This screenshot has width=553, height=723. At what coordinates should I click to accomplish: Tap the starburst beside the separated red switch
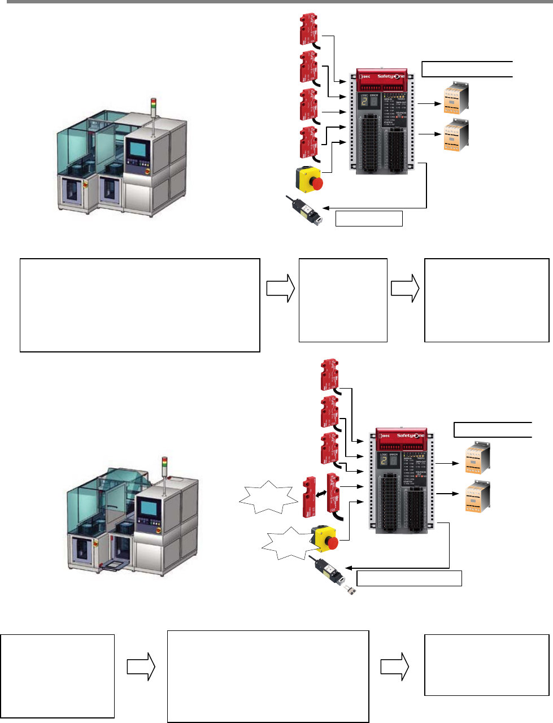coord(268,498)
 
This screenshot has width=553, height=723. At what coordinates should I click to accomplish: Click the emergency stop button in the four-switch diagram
coord(310,178)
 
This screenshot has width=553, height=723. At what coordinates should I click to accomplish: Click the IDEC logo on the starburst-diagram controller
coord(385,436)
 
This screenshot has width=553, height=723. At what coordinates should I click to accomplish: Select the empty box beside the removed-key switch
coord(409,578)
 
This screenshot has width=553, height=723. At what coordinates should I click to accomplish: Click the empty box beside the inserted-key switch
coord(369,218)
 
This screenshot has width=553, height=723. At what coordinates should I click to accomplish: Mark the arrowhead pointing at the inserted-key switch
coord(325,208)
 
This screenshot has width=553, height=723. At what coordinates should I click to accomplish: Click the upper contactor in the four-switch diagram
coord(455,98)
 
